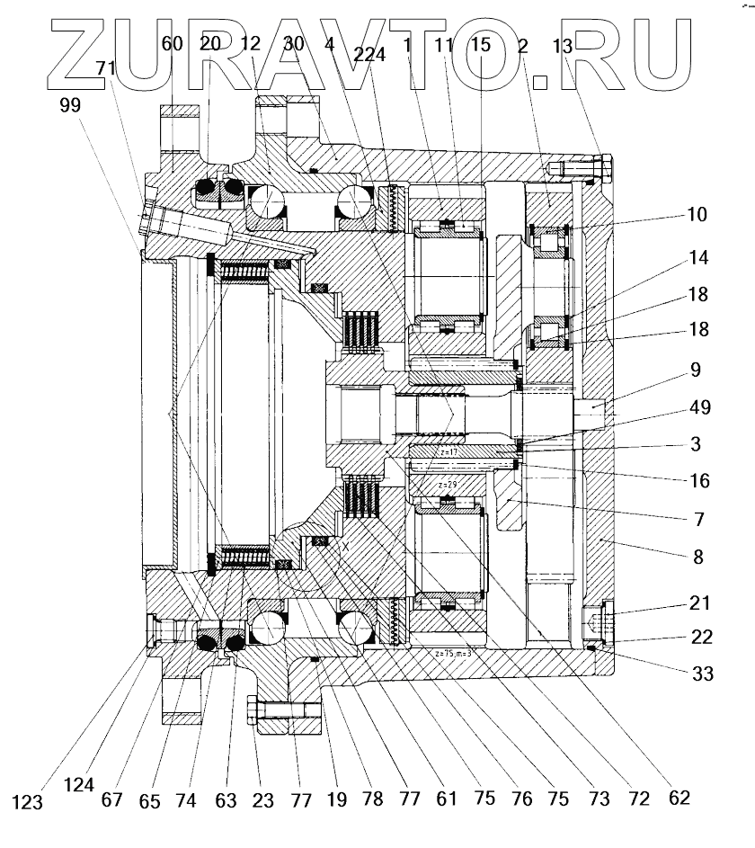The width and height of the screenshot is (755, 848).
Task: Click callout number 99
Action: tap(69, 104)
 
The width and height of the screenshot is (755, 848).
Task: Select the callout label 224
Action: tap(370, 53)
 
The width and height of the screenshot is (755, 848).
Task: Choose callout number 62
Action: tap(679, 797)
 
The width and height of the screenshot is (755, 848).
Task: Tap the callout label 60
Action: tap(173, 43)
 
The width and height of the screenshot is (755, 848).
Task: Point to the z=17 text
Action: tap(449, 452)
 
